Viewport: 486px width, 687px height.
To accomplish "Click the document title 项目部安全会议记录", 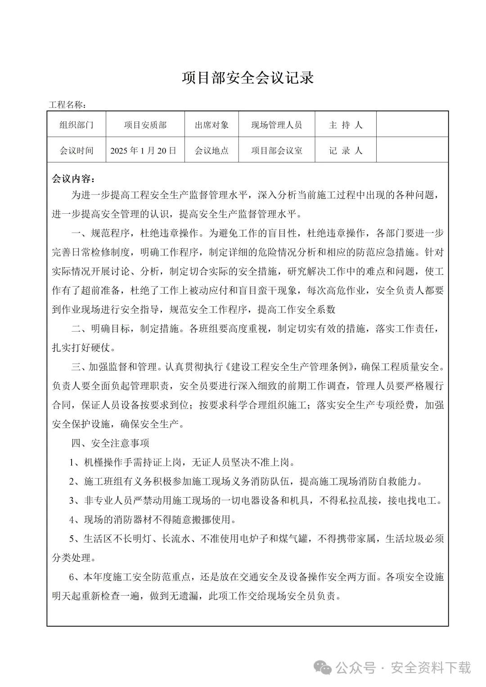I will [x=247, y=78].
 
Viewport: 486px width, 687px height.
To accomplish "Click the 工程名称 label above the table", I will [x=67, y=105].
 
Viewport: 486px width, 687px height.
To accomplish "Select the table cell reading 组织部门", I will [x=76, y=125].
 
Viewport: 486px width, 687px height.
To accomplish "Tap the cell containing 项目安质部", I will [x=145, y=125].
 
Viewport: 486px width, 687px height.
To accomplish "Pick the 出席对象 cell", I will [x=211, y=125].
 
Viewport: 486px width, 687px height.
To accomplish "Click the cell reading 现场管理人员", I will [x=276, y=125].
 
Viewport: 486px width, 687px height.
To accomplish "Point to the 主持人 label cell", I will [x=345, y=125].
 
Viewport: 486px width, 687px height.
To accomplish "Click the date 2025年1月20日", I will [x=144, y=150].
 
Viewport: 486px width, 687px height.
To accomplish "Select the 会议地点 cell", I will [x=211, y=150].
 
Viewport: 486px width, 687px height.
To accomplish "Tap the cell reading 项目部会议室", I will [x=276, y=150].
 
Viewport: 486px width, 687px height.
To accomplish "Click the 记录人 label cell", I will [x=345, y=150].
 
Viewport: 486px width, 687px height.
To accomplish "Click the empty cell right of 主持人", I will [x=412, y=125].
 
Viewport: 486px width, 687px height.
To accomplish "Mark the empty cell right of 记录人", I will [x=412, y=150].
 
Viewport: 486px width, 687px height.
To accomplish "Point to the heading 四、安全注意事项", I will [x=110, y=443].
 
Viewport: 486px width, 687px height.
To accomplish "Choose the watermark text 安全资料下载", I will [x=431, y=668].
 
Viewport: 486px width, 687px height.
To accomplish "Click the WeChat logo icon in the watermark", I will [x=323, y=668].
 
